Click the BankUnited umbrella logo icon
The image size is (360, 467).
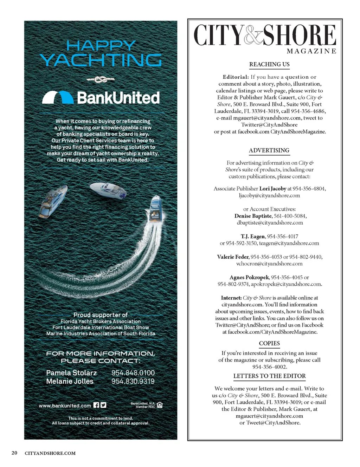57,97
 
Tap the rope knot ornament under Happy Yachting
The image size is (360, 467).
101,80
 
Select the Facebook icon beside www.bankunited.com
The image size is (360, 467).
96,405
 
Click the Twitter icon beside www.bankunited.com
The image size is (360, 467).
103,405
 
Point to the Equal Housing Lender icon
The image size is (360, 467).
160,405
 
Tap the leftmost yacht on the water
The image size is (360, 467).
53,201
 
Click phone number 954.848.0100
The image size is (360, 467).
133,373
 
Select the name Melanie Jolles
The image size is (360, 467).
70,381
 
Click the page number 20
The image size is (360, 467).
14,453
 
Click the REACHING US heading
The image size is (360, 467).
269,64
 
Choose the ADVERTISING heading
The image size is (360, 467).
269,150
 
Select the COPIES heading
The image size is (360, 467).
269,343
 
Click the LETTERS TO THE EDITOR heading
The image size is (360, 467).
269,376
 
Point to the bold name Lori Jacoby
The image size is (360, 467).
272,189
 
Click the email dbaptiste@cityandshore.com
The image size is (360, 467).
270,223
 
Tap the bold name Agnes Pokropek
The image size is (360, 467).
249,278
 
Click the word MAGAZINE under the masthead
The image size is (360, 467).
311,51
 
